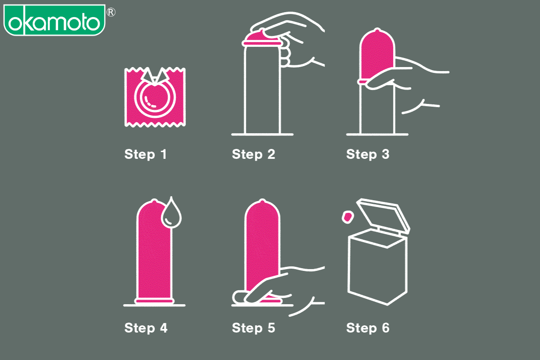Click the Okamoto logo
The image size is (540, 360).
pyautogui.click(x=54, y=20)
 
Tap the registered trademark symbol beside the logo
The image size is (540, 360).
pyautogui.click(x=111, y=12)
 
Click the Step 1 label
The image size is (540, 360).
pyautogui.click(x=145, y=154)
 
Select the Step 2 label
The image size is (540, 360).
pyautogui.click(x=253, y=154)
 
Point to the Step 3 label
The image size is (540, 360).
pyautogui.click(x=368, y=154)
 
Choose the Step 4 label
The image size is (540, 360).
pyautogui.click(x=146, y=328)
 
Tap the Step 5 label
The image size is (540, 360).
pyautogui.click(x=253, y=328)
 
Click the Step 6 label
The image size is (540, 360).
pyautogui.click(x=368, y=328)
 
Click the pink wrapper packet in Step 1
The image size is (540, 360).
pyautogui.click(x=155, y=97)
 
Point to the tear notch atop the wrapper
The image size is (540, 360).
pyautogui.click(x=155, y=76)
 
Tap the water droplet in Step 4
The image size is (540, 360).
pyautogui.click(x=171, y=213)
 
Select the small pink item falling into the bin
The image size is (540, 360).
pyautogui.click(x=347, y=217)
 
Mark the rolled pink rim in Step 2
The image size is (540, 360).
pyautogui.click(x=262, y=43)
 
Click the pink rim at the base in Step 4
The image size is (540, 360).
pyautogui.click(x=154, y=301)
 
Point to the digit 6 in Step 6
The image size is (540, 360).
pyautogui.click(x=386, y=328)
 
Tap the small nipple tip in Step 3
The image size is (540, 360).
pyautogui.click(x=377, y=30)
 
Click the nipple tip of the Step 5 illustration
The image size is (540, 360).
pyautogui.click(x=262, y=201)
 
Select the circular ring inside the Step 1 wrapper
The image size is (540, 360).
pyautogui.click(x=155, y=98)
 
